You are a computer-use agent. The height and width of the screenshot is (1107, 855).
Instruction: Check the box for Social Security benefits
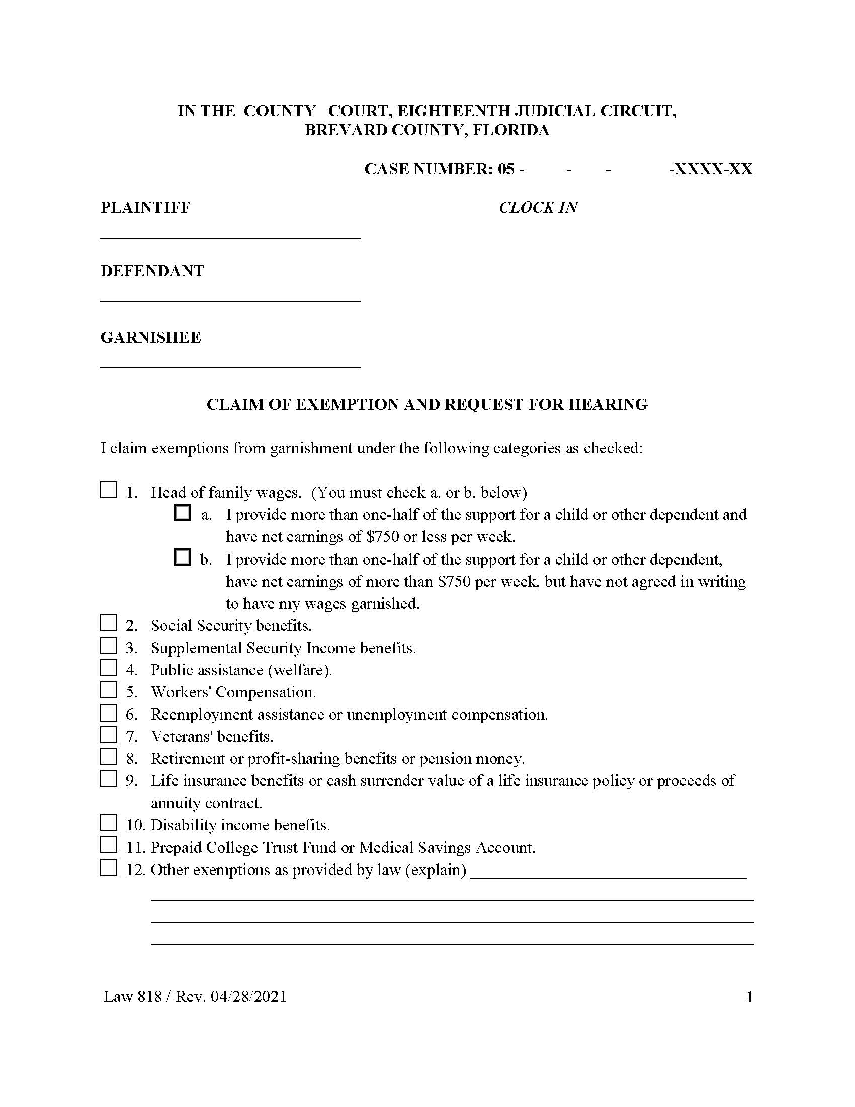109,623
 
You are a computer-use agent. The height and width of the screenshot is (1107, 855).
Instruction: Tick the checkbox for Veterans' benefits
109,735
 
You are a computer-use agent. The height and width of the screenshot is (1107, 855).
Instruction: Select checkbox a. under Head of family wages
182,512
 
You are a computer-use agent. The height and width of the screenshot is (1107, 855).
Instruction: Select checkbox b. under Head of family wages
182,557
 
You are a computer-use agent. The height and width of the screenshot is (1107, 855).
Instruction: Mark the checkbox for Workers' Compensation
109,690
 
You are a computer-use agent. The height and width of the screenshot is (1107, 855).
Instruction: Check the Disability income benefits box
109,823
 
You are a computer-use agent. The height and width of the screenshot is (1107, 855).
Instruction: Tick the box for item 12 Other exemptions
109,867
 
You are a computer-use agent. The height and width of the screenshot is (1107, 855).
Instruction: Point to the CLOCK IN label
538,207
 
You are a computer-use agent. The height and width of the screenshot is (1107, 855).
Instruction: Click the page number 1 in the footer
750,997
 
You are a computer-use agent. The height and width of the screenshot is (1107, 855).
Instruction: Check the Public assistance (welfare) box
109,668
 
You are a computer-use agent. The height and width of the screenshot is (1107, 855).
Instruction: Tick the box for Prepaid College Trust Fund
109,845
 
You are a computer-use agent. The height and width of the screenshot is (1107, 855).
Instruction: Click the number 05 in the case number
506,169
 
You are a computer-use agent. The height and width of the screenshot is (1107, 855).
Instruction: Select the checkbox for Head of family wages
109,490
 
